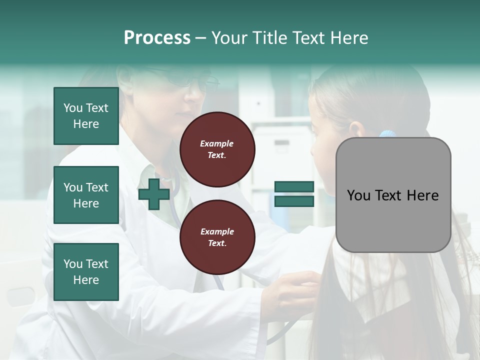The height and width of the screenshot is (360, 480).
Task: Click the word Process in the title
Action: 157,38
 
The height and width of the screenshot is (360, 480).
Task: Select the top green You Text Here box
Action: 86,116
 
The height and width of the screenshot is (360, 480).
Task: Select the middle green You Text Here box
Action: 86,195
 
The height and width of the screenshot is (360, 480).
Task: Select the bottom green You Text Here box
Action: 86,271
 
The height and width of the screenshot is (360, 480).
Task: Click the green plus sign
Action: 154,194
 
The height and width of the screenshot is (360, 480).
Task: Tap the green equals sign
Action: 294,194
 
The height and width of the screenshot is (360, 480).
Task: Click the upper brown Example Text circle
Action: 217,149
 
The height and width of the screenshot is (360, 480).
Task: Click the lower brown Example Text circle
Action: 217,237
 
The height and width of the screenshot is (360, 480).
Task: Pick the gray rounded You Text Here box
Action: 393,195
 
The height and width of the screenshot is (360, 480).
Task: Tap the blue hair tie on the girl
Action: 387,134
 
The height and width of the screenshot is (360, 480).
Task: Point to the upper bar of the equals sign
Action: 294,187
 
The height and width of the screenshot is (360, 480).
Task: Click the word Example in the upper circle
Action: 217,143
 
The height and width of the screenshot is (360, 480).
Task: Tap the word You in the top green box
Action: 72,108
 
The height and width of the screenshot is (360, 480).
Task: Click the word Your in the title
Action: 229,38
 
